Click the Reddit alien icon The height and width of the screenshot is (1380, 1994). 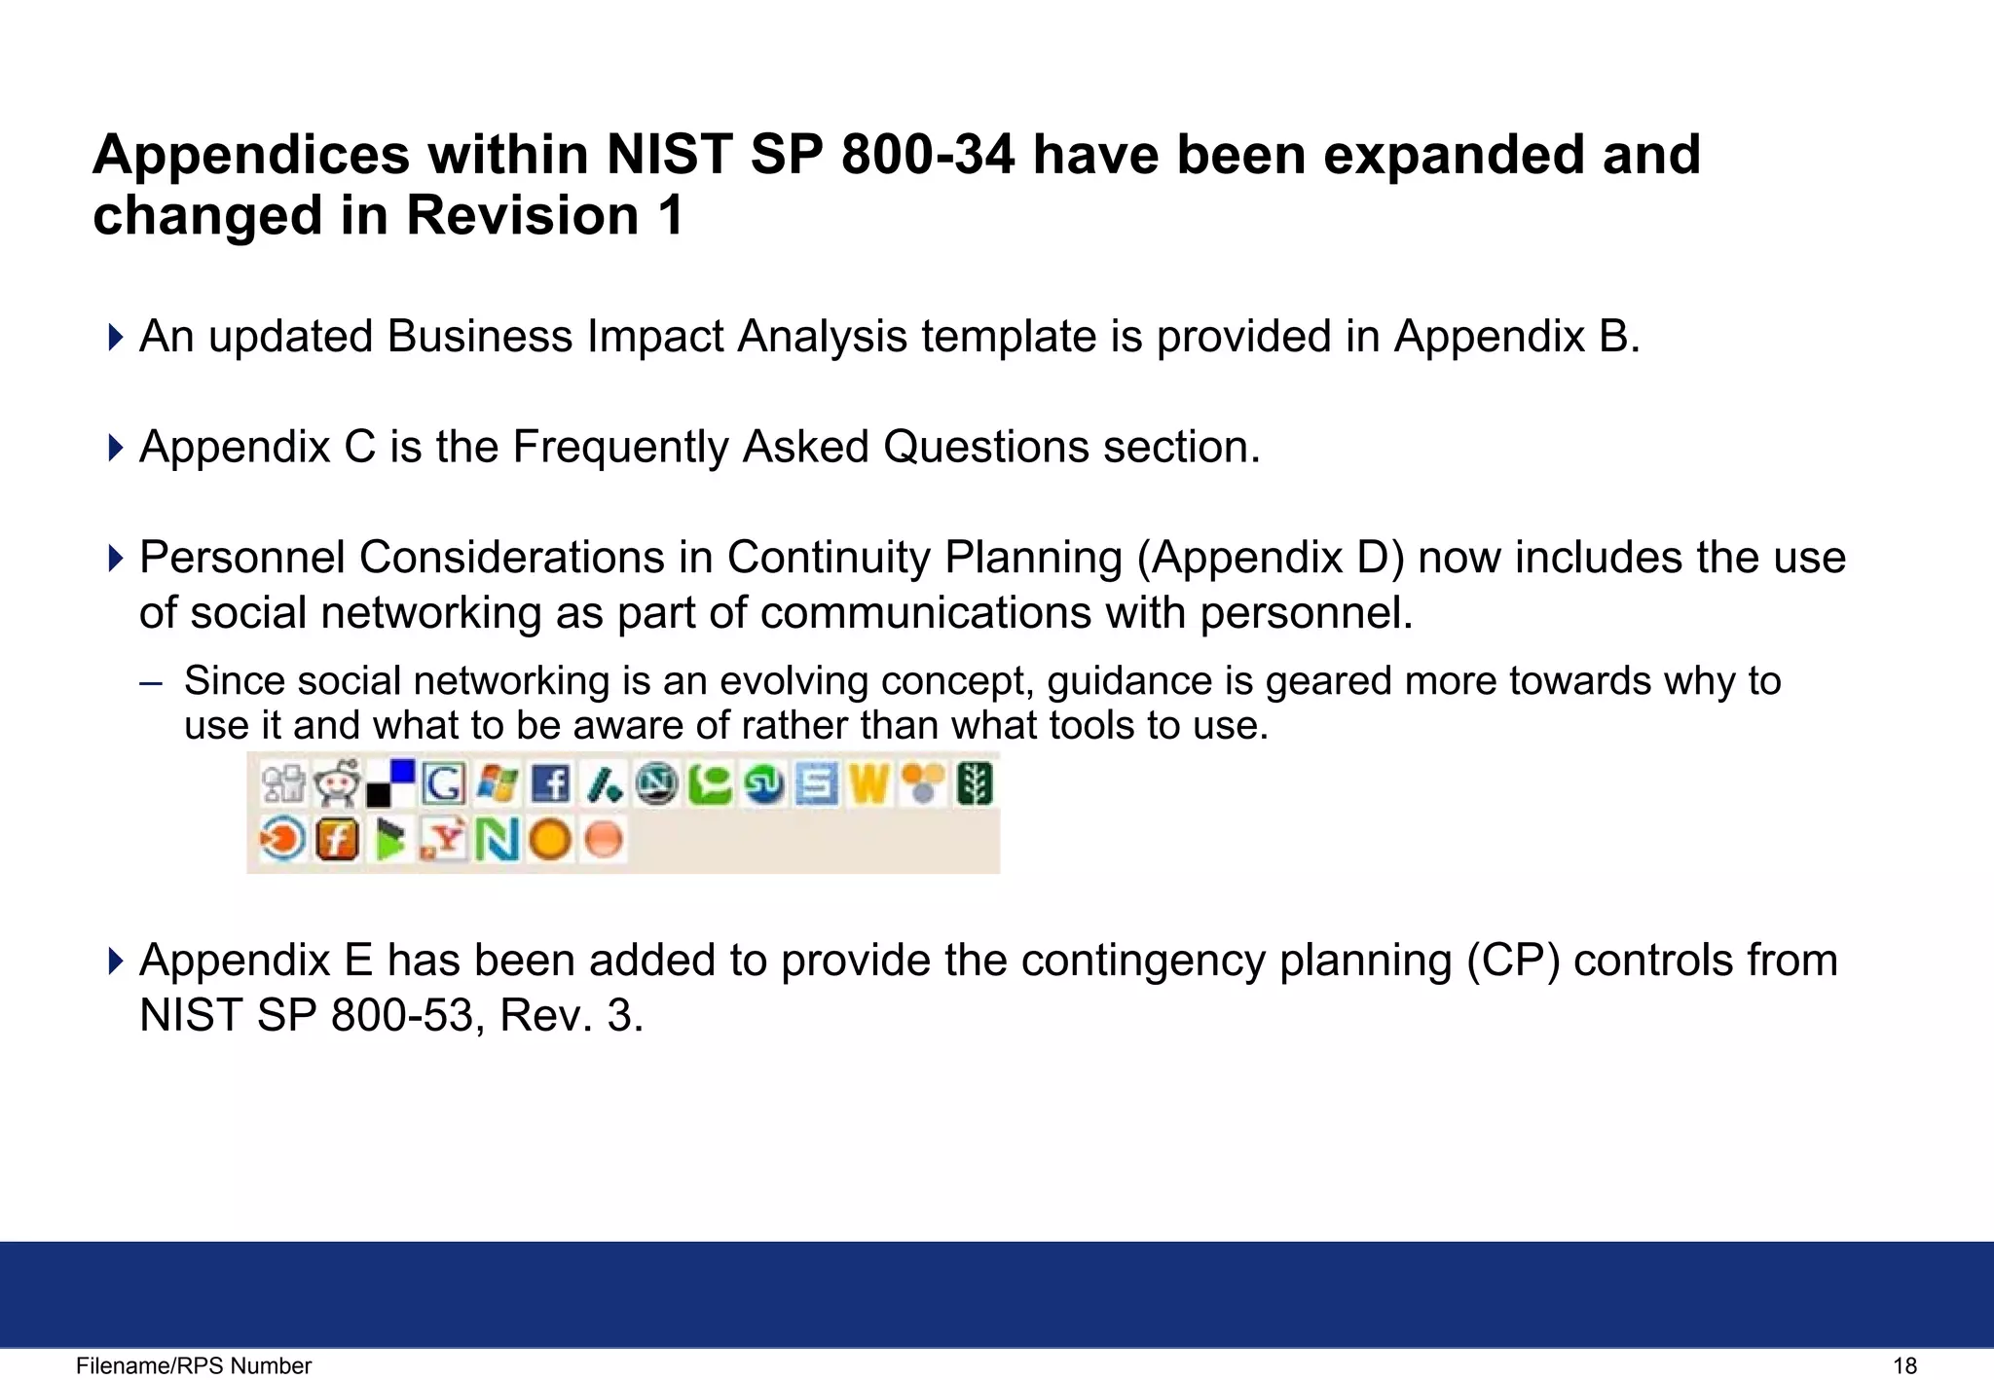[x=337, y=782]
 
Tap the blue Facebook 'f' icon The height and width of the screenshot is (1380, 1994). [x=551, y=783]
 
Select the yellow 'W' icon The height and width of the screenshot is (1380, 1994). [x=868, y=783]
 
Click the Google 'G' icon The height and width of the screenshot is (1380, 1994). [x=444, y=783]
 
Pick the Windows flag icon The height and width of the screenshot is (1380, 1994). [x=498, y=783]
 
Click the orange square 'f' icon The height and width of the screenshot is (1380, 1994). [x=337, y=839]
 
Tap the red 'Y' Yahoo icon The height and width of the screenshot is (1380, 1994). [x=444, y=839]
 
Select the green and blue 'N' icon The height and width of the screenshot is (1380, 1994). [x=498, y=839]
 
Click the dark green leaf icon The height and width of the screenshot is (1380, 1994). [x=975, y=783]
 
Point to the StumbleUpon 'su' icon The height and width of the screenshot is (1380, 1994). [x=763, y=783]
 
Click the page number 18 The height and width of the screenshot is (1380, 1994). [x=1904, y=1366]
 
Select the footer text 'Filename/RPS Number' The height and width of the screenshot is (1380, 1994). [x=194, y=1366]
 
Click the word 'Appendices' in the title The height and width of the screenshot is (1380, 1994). [x=251, y=156]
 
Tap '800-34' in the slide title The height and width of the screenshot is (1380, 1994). [x=928, y=156]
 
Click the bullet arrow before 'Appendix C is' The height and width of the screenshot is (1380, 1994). [x=116, y=448]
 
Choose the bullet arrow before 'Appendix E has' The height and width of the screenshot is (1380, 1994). [x=116, y=962]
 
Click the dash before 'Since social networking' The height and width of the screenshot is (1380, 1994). [x=151, y=682]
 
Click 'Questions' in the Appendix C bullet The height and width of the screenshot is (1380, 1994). [x=985, y=448]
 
